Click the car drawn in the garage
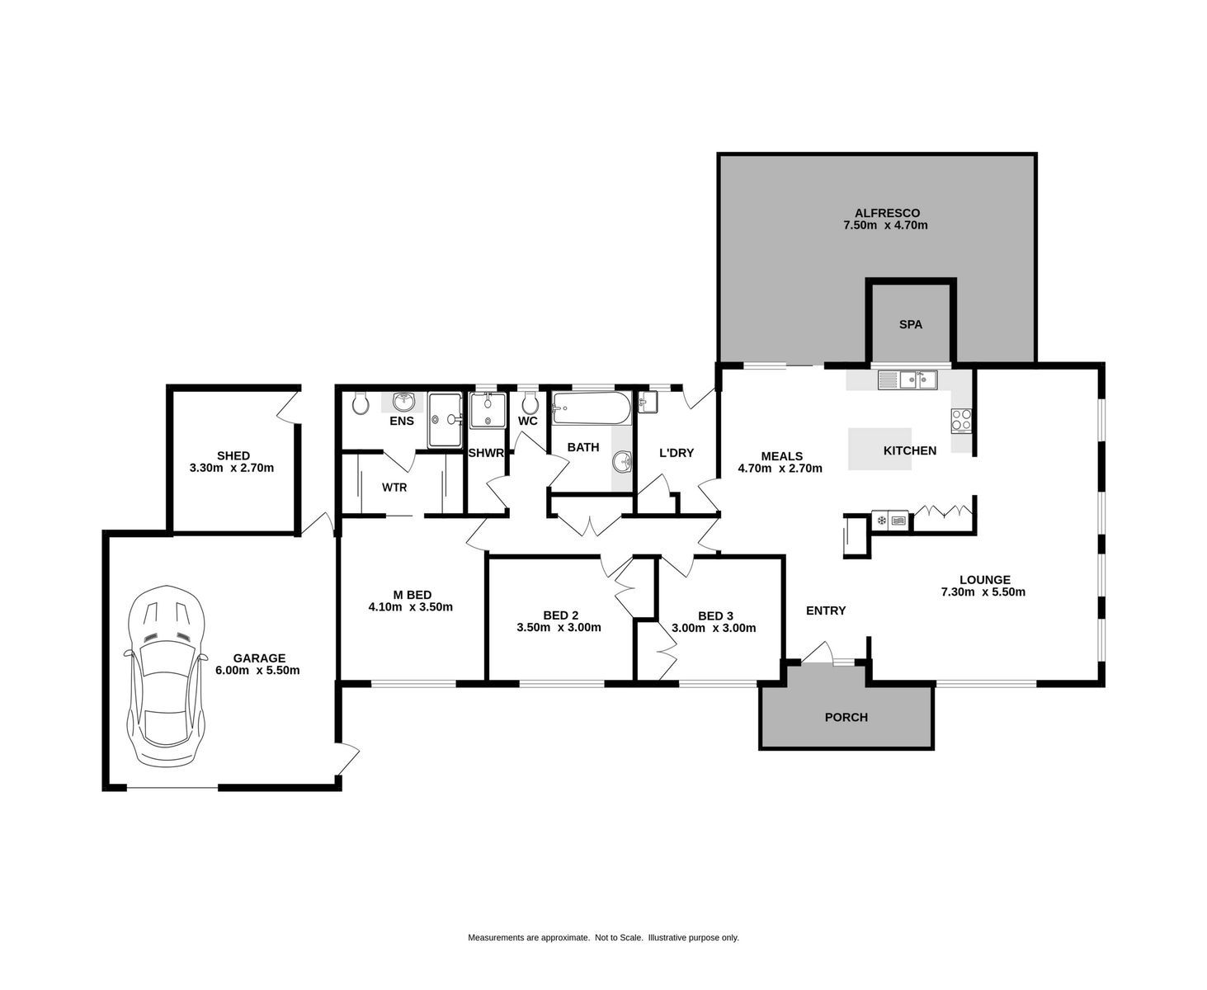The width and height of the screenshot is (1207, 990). (164, 675)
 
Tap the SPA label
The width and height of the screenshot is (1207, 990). (910, 324)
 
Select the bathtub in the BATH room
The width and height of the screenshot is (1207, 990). (592, 408)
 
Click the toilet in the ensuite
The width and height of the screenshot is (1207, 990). (360, 403)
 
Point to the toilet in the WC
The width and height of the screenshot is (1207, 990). (530, 403)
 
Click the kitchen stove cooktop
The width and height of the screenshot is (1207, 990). (961, 421)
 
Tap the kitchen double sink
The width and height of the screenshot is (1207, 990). (908, 379)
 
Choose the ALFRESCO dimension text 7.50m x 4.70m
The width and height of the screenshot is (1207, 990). (884, 225)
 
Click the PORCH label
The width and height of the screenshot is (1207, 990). (846, 717)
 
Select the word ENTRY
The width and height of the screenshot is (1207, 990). (825, 610)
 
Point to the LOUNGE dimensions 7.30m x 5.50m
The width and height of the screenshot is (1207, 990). (983, 592)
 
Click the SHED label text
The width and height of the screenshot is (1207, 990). (233, 455)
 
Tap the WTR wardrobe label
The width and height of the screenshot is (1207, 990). (394, 488)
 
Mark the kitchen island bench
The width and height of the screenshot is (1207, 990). (879, 450)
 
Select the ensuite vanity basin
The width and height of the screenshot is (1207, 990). (404, 402)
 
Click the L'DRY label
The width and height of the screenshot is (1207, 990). (677, 453)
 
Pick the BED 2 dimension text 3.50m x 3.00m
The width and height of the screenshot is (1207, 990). (559, 628)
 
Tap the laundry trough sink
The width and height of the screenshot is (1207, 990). (648, 402)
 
